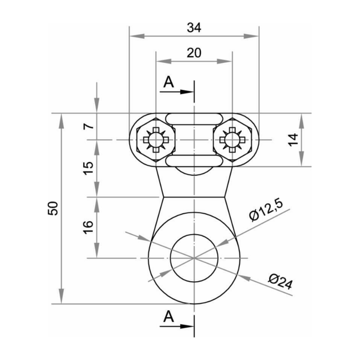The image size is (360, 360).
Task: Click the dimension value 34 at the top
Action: [193, 27]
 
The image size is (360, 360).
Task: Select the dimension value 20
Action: [193, 53]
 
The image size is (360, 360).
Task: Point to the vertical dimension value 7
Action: [90, 126]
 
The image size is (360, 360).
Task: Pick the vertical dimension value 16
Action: [90, 226]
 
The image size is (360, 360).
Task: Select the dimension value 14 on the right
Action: [293, 140]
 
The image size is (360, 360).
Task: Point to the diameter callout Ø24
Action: [279, 282]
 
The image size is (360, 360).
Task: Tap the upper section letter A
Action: [168, 82]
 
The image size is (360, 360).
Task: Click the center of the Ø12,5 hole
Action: [194, 258]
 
